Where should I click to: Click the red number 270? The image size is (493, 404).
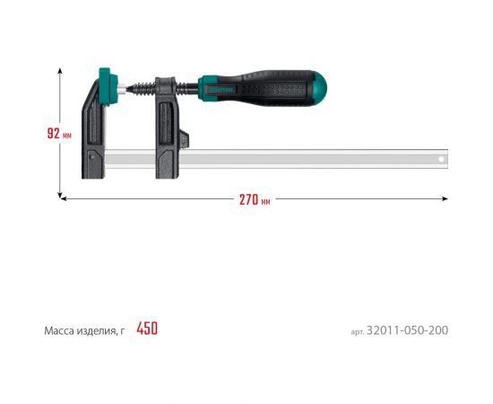(x=249, y=199)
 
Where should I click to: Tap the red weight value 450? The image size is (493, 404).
(x=147, y=329)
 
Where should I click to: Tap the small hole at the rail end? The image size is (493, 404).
(x=440, y=160)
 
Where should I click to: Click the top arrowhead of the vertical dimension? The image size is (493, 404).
(x=61, y=66)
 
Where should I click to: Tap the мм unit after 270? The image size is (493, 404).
(x=265, y=201)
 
